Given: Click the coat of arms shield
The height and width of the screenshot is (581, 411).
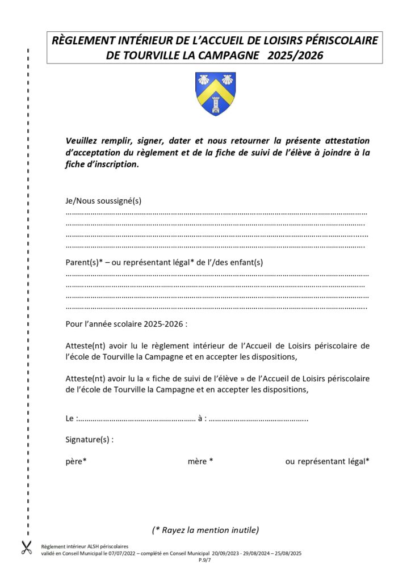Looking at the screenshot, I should tap(215, 94).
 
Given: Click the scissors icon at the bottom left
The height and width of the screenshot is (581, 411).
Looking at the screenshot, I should tap(26, 548).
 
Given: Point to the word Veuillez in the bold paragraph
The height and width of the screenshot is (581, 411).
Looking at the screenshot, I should tap(83, 141).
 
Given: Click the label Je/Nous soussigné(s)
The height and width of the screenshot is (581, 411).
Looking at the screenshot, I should tap(103, 201).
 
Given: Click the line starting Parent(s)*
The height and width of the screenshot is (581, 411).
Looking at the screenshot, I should tap(165, 262).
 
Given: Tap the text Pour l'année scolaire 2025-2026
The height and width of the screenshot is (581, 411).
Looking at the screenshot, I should tap(126, 325).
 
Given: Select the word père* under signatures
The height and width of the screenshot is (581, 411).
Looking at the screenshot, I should tap(76, 461).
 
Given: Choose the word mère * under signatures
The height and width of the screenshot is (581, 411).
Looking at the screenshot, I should tap(200, 461).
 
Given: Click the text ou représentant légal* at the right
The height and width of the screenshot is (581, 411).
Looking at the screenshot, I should tap(327, 461).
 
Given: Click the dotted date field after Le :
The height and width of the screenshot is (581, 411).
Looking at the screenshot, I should tap(136, 419).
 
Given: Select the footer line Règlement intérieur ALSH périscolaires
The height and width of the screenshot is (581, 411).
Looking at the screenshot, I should tap(85, 546).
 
